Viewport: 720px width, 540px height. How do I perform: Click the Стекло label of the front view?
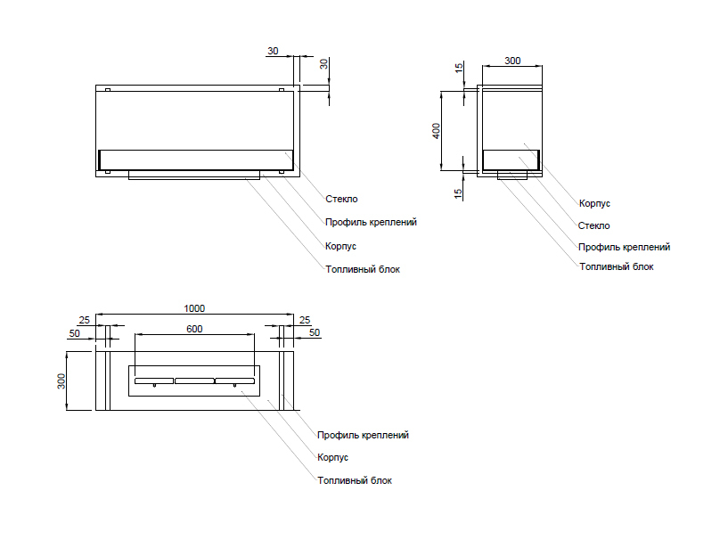click(x=340, y=199)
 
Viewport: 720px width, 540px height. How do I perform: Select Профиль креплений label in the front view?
click(x=371, y=222)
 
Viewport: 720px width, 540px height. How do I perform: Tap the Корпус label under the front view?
click(x=340, y=245)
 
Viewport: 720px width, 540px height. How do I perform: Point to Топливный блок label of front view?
click(x=362, y=268)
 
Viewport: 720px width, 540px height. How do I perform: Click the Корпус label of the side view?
click(x=594, y=203)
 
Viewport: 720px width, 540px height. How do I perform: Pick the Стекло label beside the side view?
click(x=593, y=225)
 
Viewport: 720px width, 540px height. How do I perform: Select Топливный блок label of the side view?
click(x=616, y=266)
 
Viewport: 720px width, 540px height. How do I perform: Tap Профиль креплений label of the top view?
click(x=364, y=435)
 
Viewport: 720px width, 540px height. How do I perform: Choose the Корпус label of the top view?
click(x=332, y=457)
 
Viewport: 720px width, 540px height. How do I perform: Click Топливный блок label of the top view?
click(x=355, y=480)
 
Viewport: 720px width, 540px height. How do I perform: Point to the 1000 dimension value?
click(x=194, y=308)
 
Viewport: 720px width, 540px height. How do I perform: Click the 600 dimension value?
click(x=194, y=329)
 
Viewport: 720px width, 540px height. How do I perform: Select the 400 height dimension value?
click(x=437, y=130)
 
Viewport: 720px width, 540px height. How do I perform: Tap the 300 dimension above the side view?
click(x=512, y=61)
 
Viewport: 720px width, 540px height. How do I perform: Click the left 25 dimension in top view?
click(x=84, y=320)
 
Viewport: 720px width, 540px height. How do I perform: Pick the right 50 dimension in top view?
click(x=314, y=332)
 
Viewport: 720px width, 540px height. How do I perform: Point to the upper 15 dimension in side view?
click(x=458, y=69)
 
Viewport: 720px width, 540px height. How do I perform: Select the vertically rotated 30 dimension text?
click(x=324, y=63)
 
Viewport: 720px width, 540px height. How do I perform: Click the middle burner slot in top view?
click(x=194, y=381)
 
